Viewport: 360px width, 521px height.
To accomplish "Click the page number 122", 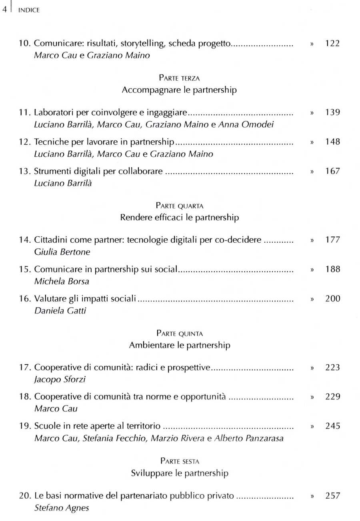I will point(332,44).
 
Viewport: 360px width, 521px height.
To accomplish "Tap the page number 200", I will point(332,299).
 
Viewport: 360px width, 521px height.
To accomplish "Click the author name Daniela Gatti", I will point(56,311).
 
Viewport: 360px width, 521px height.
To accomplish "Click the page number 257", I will point(332,496).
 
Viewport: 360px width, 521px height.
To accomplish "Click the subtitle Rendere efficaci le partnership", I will point(180,218).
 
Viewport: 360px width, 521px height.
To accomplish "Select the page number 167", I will point(332,172).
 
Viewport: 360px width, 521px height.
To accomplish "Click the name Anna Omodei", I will point(251,124).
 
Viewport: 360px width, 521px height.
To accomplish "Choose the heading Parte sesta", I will point(180,461).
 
